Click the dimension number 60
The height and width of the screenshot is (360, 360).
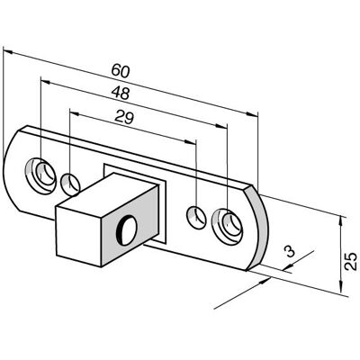[x=121, y=71]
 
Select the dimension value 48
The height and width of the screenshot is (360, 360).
[x=121, y=94]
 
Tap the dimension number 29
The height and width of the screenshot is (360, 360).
[x=124, y=117]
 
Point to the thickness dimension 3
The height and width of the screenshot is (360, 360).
[x=290, y=251]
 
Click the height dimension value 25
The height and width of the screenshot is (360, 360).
[x=350, y=262]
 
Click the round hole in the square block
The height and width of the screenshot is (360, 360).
[x=127, y=230]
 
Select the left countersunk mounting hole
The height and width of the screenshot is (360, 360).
[x=40, y=175]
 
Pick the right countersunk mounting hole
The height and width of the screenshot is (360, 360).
[x=228, y=225]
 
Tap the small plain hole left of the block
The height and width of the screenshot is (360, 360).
[x=70, y=184]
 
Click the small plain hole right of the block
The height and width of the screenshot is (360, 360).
[x=196, y=218]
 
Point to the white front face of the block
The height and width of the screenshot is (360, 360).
[x=79, y=236]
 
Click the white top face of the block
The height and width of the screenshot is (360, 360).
[x=107, y=195]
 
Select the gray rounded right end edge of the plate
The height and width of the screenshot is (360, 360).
[x=257, y=228]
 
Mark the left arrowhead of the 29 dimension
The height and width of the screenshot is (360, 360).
[x=75, y=113]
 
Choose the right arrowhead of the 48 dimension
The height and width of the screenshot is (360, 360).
[x=220, y=126]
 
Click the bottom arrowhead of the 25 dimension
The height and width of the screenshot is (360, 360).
[x=341, y=286]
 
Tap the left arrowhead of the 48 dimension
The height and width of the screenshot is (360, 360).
[x=45, y=82]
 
